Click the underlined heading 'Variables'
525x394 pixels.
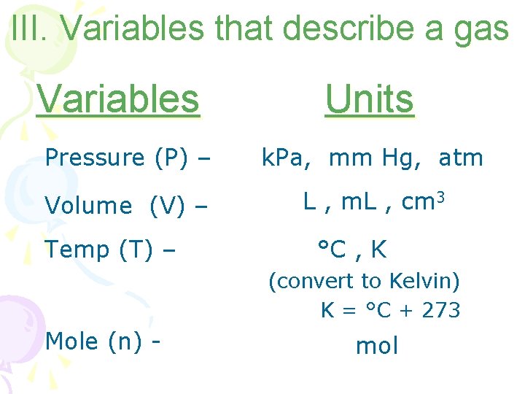[117, 98]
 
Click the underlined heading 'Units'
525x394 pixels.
[370, 98]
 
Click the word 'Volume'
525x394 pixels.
[88, 206]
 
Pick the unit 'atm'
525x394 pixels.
[461, 158]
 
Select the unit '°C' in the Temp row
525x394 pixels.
[332, 250]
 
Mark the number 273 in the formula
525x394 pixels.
[441, 310]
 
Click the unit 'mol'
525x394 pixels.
[377, 346]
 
